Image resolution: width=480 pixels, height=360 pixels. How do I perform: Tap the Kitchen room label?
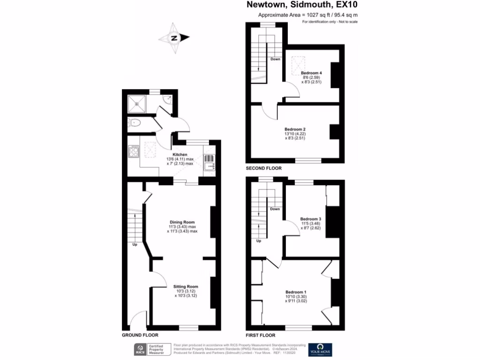180,155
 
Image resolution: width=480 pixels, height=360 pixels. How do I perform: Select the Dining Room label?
182,222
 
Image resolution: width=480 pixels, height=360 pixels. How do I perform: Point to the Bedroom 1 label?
296,292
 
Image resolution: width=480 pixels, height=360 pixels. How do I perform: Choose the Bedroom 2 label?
295,129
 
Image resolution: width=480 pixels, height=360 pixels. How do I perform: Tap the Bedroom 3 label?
310,219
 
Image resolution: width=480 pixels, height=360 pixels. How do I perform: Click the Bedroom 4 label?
311,73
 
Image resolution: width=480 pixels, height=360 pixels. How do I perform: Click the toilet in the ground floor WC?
134,123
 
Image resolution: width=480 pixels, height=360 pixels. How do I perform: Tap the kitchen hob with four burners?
133,151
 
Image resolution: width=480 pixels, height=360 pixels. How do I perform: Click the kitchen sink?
210,162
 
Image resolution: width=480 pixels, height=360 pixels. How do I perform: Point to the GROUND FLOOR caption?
140,335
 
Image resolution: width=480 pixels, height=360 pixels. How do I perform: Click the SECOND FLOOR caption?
263,168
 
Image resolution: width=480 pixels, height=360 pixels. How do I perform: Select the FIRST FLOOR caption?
260,335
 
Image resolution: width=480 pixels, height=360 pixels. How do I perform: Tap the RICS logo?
139,349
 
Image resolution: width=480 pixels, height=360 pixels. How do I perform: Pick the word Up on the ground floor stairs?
135,244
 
